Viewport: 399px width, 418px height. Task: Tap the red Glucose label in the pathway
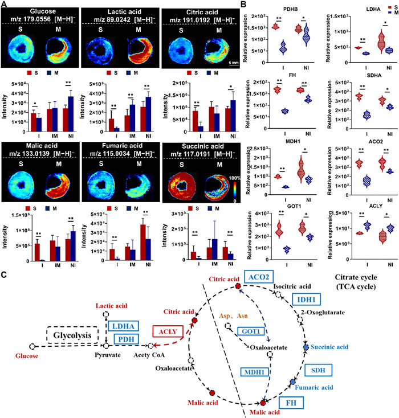point(19,355)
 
